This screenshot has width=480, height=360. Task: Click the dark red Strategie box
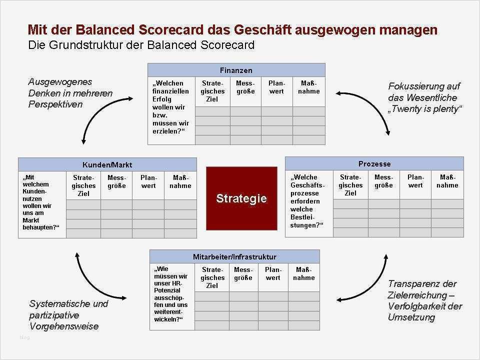tap(241, 198)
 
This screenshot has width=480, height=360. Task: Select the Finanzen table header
tap(236, 70)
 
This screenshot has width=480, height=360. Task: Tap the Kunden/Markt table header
tap(107, 164)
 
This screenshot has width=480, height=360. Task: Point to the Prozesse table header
tap(374, 163)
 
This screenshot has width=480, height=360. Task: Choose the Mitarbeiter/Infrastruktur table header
tap(234, 256)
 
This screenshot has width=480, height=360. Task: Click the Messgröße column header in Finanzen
tap(245, 87)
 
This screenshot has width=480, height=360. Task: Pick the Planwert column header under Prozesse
tap(415, 181)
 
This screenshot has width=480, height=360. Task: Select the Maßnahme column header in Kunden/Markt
tap(180, 181)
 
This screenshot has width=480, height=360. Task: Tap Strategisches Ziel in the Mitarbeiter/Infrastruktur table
tap(212, 277)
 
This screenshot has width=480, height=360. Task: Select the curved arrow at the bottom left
tap(95, 280)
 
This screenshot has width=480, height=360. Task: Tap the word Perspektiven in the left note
tap(55, 104)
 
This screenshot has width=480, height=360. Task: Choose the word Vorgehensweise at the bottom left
tap(63, 326)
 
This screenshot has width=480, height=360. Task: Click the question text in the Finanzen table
tap(171, 107)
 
